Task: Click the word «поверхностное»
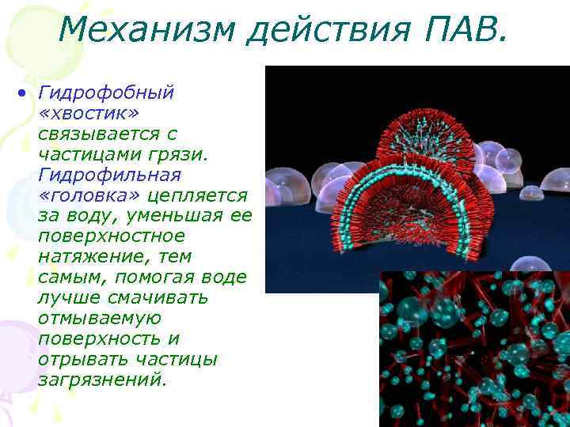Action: (111, 236)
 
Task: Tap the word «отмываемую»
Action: (99, 319)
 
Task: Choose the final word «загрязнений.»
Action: (102, 380)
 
